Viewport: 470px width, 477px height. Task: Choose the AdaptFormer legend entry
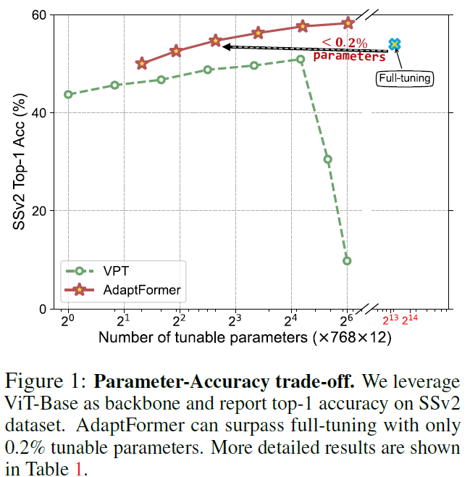(127, 291)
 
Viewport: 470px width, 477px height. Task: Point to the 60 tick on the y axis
(39, 15)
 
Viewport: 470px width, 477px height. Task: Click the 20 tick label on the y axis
(39, 211)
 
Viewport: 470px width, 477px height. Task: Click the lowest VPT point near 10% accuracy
(347, 260)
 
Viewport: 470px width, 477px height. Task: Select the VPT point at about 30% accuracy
(327, 159)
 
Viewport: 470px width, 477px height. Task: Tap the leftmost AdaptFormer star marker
(141, 64)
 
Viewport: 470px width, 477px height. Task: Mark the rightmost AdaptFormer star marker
(348, 23)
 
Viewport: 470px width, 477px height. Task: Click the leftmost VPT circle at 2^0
(68, 94)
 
